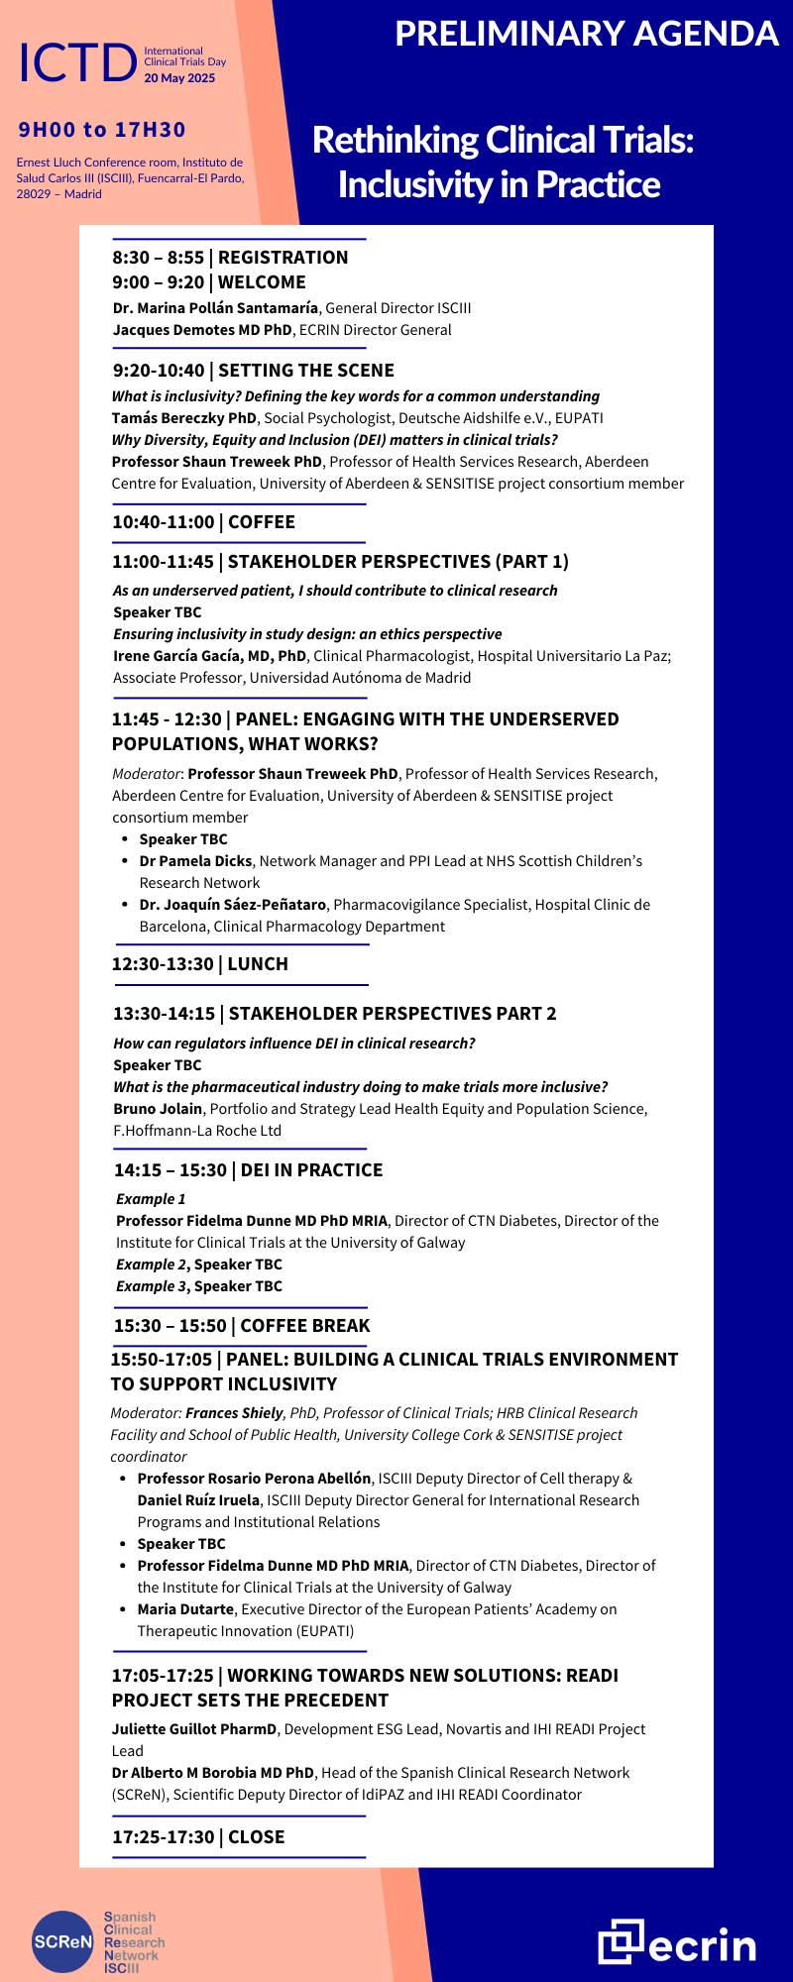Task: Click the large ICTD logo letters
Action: tap(77, 63)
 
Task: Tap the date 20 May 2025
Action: tap(179, 78)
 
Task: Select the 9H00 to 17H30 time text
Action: tap(102, 130)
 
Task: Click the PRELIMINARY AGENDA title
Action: tap(587, 34)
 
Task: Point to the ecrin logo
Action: tap(677, 1942)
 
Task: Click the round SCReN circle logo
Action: tap(62, 1941)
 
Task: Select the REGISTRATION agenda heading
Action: tap(283, 258)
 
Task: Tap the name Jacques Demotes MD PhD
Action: tap(202, 330)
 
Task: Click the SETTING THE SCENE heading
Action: tap(305, 371)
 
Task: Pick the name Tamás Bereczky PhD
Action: tap(184, 418)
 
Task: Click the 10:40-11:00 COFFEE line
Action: tap(203, 522)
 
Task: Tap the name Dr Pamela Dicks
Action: tap(195, 861)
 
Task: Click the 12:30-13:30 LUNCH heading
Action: tap(200, 964)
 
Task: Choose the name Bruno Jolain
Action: tap(158, 1109)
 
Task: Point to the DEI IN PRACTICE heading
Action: tap(311, 1170)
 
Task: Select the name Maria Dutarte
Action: tap(185, 1609)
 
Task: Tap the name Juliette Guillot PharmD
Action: tap(194, 1729)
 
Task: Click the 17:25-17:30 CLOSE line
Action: tap(198, 1837)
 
